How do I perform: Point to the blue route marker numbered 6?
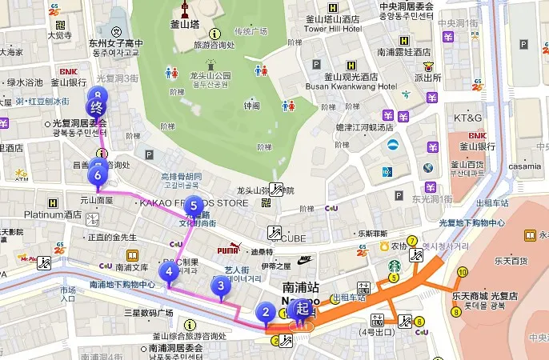point(98,174)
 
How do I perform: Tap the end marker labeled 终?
point(97,107)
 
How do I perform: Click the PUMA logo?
point(230,249)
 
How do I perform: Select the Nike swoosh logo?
point(305,259)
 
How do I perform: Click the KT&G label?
point(468,118)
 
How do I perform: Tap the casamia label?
point(524,166)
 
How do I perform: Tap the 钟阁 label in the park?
point(252,106)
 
